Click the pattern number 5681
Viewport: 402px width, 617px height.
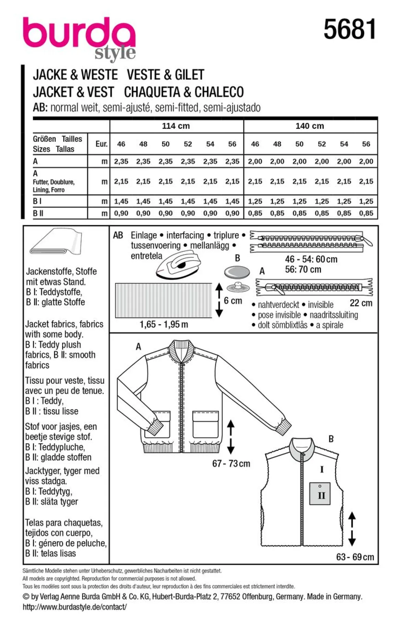pyautogui.click(x=349, y=29)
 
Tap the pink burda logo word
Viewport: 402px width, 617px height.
pyautogui.click(x=79, y=34)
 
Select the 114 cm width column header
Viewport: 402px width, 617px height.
pyautogui.click(x=176, y=126)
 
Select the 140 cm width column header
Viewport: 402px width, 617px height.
pyautogui.click(x=310, y=126)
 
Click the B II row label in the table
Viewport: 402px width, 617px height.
pyautogui.click(x=38, y=213)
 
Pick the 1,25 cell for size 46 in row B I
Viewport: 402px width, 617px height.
pyautogui.click(x=255, y=201)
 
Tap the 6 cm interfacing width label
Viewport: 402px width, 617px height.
pyautogui.click(x=233, y=301)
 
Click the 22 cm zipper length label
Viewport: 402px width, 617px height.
pyautogui.click(x=361, y=303)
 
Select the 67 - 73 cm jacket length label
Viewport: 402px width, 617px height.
pyautogui.click(x=231, y=464)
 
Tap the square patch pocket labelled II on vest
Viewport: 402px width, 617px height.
pyautogui.click(x=320, y=494)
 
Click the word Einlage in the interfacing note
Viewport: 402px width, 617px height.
pyautogui.click(x=144, y=235)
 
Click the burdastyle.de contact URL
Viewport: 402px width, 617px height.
pyautogui.click(x=75, y=607)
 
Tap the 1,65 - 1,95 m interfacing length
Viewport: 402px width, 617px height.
pyautogui.click(x=164, y=324)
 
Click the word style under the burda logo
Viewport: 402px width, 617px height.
pyautogui.click(x=115, y=53)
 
